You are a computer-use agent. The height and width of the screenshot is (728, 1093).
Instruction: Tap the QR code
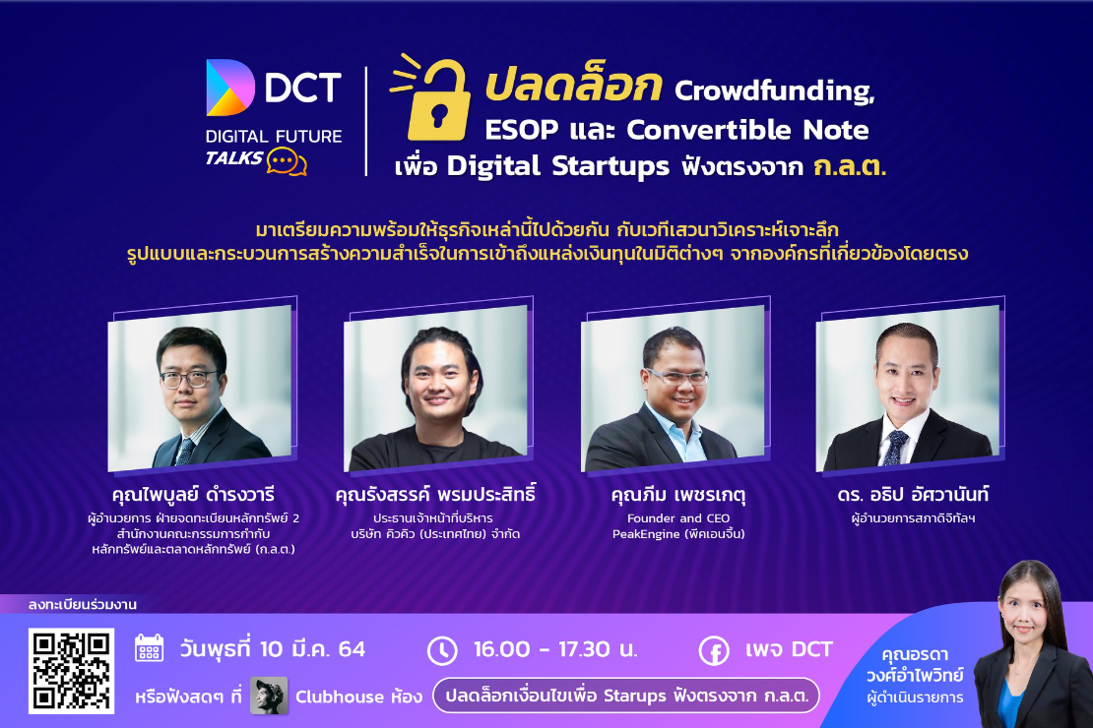coord(71,671)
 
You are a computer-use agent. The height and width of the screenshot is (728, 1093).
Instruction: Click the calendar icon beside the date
coord(149,648)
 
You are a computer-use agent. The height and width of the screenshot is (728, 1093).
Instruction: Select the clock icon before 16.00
coord(443,650)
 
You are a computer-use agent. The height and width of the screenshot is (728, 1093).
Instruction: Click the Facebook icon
coord(715,651)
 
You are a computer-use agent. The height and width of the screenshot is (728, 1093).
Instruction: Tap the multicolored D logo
coord(230,88)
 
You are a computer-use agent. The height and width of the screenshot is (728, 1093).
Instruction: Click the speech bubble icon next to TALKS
coord(287,161)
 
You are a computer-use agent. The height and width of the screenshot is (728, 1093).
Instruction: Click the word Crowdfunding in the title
coord(774,91)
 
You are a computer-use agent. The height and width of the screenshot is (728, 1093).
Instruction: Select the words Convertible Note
coord(748,130)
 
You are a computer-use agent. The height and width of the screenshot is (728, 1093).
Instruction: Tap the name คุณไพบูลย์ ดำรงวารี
coord(193,494)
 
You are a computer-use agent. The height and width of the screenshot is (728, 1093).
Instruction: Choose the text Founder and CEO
coord(678,518)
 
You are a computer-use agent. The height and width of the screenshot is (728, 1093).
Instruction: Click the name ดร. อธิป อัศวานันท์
coord(913,494)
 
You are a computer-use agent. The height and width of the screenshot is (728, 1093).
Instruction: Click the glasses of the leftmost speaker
coord(188,379)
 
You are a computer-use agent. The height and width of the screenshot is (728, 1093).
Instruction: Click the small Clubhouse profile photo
coord(269,696)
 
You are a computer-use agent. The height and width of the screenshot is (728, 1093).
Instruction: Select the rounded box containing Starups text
coord(626,696)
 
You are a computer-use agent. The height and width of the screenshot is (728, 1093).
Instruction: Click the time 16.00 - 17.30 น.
coord(555,649)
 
